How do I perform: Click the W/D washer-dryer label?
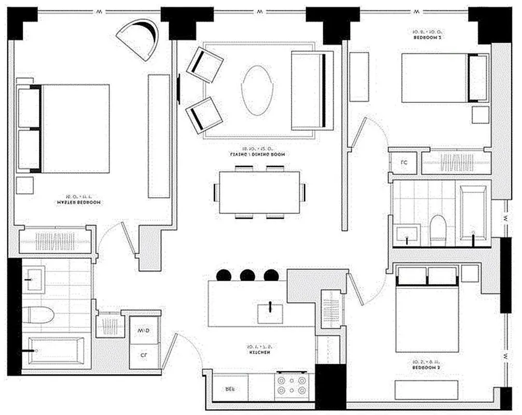tap(142, 330)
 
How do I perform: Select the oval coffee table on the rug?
tap(257, 90)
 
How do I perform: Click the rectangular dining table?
tap(259, 192)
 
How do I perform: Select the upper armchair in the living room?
tap(204, 64)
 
